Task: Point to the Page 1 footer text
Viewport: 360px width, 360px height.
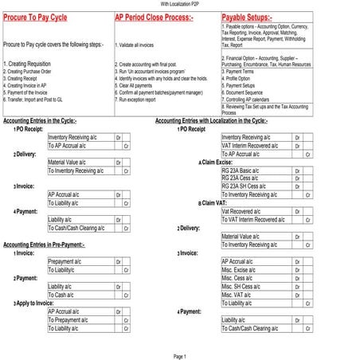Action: pos(180,356)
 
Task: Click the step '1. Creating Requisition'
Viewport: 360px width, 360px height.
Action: pos(29,62)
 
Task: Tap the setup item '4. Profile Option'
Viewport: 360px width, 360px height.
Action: pos(242,79)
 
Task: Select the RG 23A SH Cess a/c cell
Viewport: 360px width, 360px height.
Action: pos(248,186)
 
